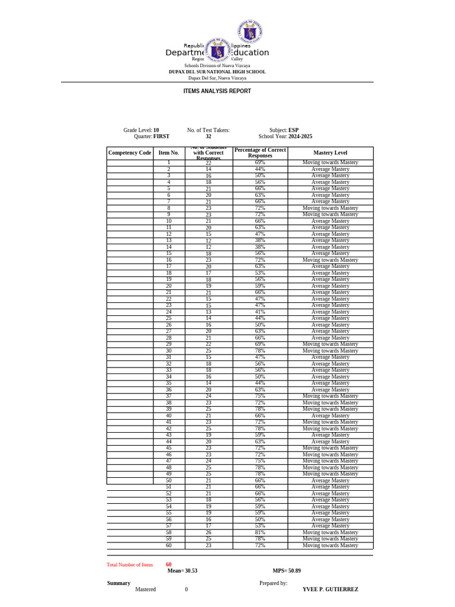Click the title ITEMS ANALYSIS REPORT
point(217,91)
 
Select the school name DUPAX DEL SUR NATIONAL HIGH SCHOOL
point(217,72)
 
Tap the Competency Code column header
point(129,153)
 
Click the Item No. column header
point(169,153)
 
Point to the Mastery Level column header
point(330,153)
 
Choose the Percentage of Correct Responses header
point(260,153)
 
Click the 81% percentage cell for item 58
point(260,532)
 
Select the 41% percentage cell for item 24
point(260,312)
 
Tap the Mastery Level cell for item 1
point(330,162)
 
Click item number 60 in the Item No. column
point(169,545)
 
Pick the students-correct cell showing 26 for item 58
point(209,532)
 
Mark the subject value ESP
point(293,130)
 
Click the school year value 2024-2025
point(300,136)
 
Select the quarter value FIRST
point(161,136)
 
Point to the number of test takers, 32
point(209,136)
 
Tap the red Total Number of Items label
point(130,565)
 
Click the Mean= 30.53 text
point(182,571)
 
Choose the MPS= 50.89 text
point(287,571)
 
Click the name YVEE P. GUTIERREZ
point(330,590)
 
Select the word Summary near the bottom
point(118,583)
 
